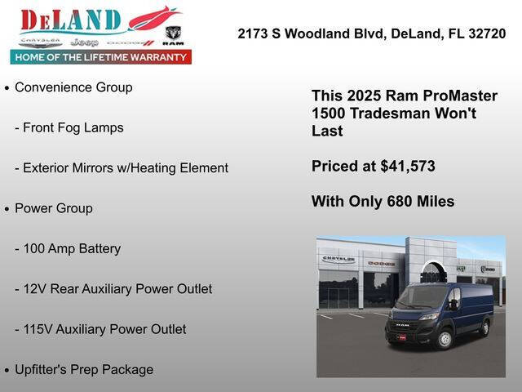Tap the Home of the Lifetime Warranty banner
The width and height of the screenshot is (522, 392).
point(101,57)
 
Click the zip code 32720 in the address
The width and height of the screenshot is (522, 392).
point(486,33)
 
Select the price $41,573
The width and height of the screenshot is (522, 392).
point(408,166)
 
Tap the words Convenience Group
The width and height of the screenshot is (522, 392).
point(73,87)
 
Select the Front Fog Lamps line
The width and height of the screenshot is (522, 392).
point(69,127)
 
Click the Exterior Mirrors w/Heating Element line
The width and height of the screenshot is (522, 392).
point(121,167)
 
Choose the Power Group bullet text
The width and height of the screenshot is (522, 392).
point(54,208)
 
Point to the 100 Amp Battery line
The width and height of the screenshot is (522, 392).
point(67,248)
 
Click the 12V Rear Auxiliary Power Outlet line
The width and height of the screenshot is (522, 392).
point(113,288)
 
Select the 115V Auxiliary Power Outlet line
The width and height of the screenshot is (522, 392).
point(100,329)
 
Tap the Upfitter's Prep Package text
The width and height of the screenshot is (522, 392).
point(84,369)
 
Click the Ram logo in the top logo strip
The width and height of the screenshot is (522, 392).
point(173,34)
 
